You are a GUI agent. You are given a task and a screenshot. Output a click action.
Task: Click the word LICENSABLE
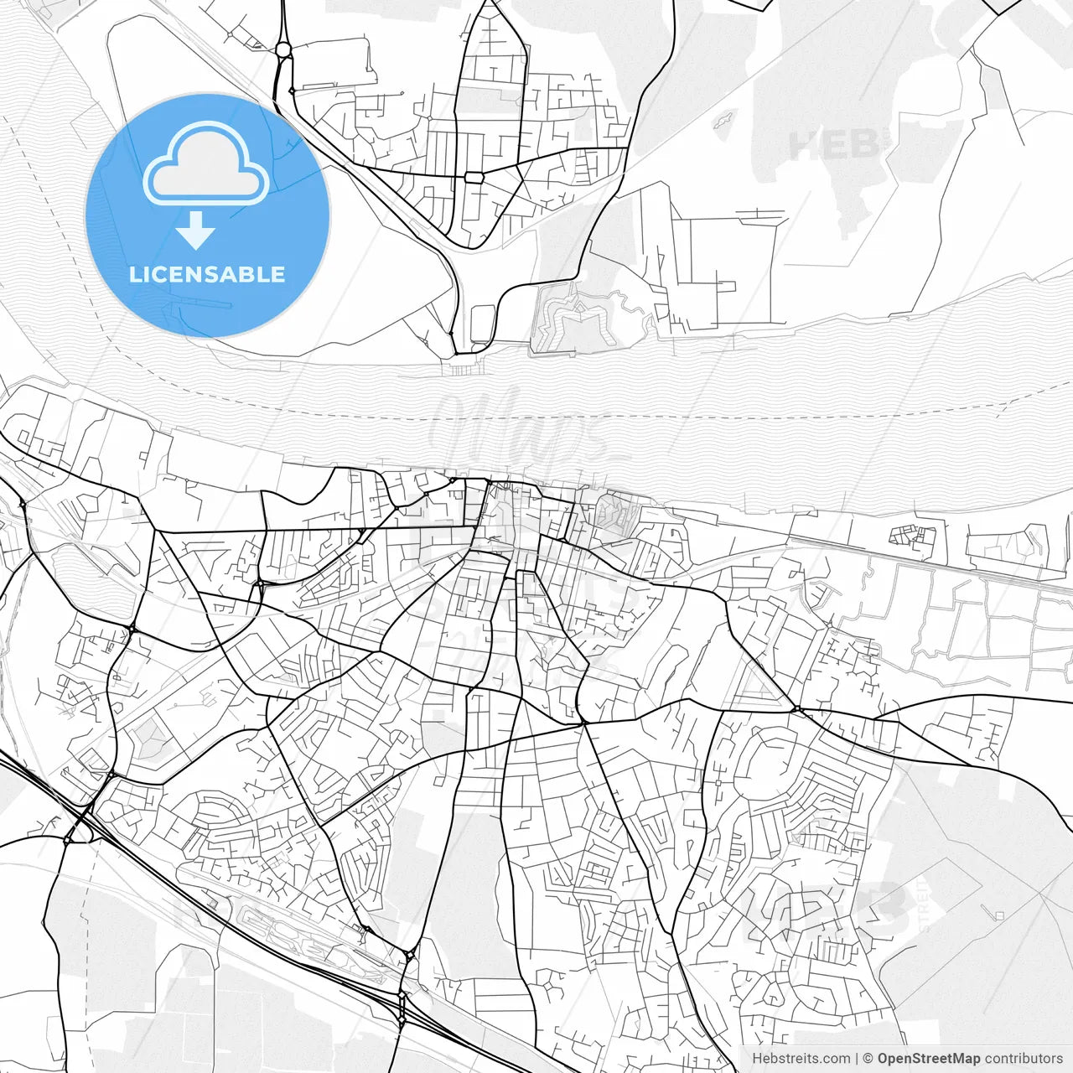click(207, 274)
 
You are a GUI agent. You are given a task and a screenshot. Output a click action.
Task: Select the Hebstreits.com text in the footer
click(801, 1059)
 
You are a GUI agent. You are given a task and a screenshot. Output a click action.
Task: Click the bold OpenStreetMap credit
click(929, 1059)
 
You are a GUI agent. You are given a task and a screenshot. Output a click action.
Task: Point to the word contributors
click(1024, 1059)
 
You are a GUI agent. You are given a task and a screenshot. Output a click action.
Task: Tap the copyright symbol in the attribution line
click(868, 1059)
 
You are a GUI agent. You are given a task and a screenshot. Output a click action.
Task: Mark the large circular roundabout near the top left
click(283, 50)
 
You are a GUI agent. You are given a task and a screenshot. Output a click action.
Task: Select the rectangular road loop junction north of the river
click(474, 178)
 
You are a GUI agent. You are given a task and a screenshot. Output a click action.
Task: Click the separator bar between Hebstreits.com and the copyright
click(857, 1059)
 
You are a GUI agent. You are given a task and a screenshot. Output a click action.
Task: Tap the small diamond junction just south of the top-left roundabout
click(291, 90)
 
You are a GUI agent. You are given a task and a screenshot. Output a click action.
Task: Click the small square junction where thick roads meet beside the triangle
click(799, 710)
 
